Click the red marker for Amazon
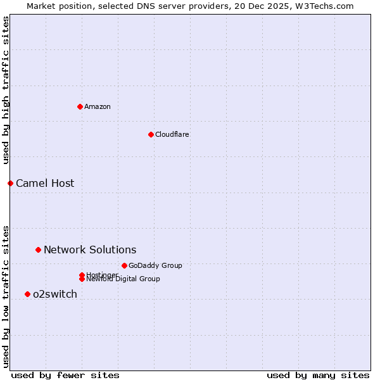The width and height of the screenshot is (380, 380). coord(80,106)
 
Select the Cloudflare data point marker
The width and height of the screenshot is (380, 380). coord(151,134)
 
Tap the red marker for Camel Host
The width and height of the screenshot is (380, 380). coord(10,183)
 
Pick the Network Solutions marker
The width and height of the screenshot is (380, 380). coord(38,250)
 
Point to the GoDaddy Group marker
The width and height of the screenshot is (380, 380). coord(124,265)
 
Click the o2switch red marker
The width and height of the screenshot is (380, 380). coord(27,294)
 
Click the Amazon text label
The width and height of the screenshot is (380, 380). coord(97,106)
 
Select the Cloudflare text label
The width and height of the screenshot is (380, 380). coord(172,134)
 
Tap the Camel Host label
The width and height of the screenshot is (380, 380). coord(45,183)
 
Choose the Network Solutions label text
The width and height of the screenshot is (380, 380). coord(90,250)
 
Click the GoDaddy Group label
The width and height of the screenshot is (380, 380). coord(155,265)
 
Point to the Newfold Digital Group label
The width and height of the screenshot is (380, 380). coord(123,279)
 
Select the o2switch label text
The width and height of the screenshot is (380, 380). coord(55,294)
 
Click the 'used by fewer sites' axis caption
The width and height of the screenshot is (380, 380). coord(65,375)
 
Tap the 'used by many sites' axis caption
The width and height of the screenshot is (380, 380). coord(318,375)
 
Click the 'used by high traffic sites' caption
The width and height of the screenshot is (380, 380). coord(6,90)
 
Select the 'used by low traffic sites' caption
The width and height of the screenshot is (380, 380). coord(6,296)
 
